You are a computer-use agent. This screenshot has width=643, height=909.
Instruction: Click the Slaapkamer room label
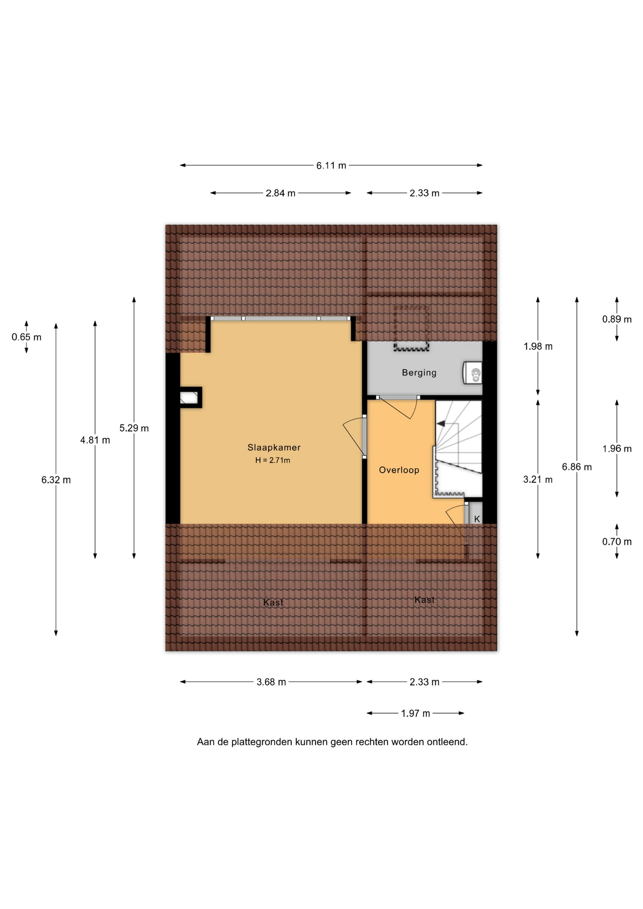click(x=274, y=447)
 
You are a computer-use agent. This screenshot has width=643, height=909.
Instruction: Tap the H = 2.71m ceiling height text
click(x=273, y=460)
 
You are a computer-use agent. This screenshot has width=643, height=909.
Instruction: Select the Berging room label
click(x=419, y=373)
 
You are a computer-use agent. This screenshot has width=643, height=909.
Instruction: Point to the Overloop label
click(x=399, y=470)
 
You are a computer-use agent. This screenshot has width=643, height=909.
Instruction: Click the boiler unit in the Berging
click(x=473, y=373)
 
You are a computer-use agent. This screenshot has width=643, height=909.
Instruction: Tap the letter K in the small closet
click(x=477, y=519)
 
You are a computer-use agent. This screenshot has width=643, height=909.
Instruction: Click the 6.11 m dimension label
click(x=331, y=166)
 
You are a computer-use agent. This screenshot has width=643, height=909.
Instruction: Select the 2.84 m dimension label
click(x=280, y=193)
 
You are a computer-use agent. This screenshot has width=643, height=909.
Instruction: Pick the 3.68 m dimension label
click(x=271, y=682)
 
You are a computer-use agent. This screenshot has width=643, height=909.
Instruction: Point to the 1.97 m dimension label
click(x=415, y=713)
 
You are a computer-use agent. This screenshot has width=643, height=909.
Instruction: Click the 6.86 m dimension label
click(x=577, y=467)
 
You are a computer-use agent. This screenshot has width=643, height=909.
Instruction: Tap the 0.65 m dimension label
click(x=27, y=338)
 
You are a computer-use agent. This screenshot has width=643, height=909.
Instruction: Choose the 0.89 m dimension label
click(x=617, y=320)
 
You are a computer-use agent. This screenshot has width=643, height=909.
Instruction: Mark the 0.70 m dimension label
click(x=617, y=542)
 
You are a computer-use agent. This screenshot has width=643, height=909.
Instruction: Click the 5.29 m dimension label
click(x=134, y=428)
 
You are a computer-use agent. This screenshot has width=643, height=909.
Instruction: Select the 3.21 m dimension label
click(x=538, y=480)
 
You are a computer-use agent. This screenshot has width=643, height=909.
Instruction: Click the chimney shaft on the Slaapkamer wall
click(x=190, y=398)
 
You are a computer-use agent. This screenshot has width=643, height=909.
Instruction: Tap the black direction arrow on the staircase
click(x=441, y=424)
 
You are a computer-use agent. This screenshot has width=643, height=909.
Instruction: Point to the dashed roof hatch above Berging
click(x=411, y=328)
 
